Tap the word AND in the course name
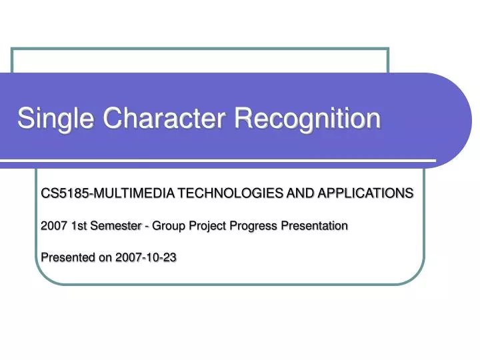tap(297, 193)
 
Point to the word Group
tap(167, 226)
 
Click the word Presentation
tap(314, 226)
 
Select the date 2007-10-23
tap(146, 258)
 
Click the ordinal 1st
tap(78, 226)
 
